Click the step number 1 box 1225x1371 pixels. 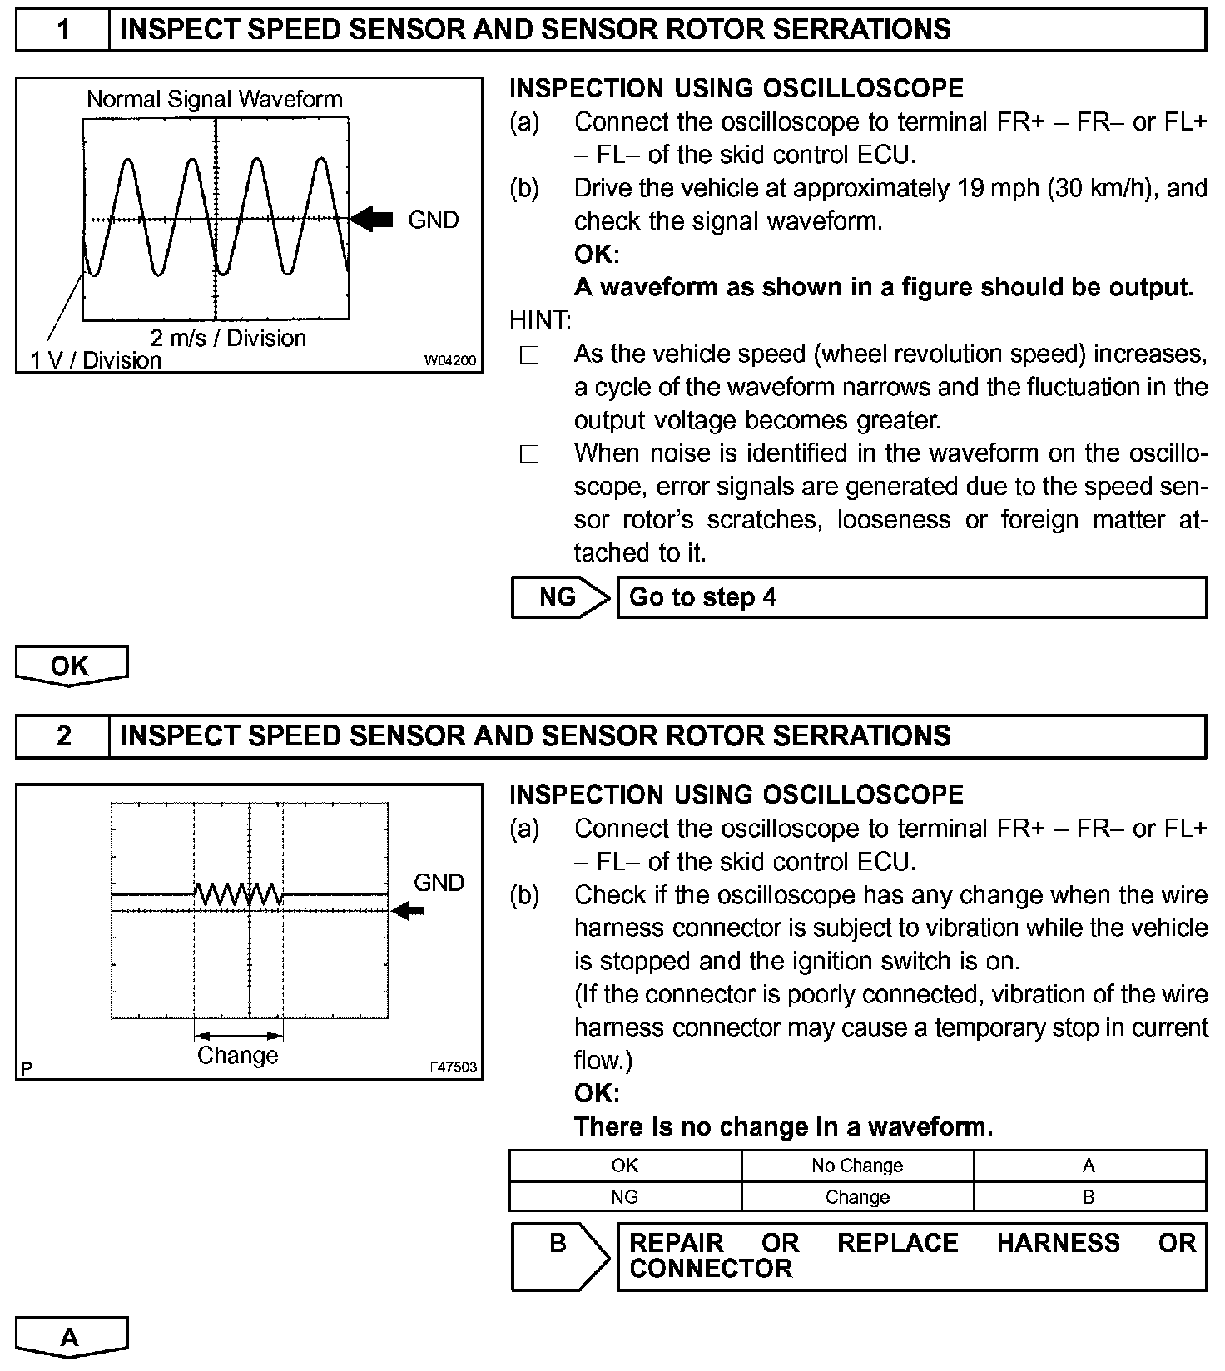pyautogui.click(x=63, y=30)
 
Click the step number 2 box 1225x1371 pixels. pyautogui.click(x=63, y=736)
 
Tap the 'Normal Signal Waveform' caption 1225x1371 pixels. pyautogui.click(x=215, y=100)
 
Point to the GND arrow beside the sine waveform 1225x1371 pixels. pyautogui.click(x=371, y=220)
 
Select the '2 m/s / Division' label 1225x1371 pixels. pyautogui.click(x=228, y=338)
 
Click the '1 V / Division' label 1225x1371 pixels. pyautogui.click(x=96, y=360)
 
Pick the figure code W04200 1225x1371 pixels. pyautogui.click(x=450, y=360)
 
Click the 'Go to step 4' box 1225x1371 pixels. pyautogui.click(x=910, y=597)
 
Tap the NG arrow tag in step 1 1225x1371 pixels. pyautogui.click(x=559, y=597)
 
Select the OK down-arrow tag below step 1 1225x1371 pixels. pyautogui.click(x=71, y=666)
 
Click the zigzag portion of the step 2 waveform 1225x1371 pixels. pyautogui.click(x=239, y=894)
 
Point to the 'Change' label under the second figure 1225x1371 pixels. pyautogui.click(x=238, y=1055)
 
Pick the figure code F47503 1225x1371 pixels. pyautogui.click(x=454, y=1067)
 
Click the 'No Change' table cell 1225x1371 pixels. pyautogui.click(x=857, y=1166)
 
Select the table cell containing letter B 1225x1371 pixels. pyautogui.click(x=1089, y=1197)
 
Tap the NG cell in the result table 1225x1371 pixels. pyautogui.click(x=624, y=1197)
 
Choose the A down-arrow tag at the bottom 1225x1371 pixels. pyautogui.click(x=71, y=1338)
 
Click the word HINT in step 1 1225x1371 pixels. pyautogui.click(x=540, y=320)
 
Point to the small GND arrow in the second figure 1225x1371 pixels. pyautogui.click(x=408, y=911)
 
